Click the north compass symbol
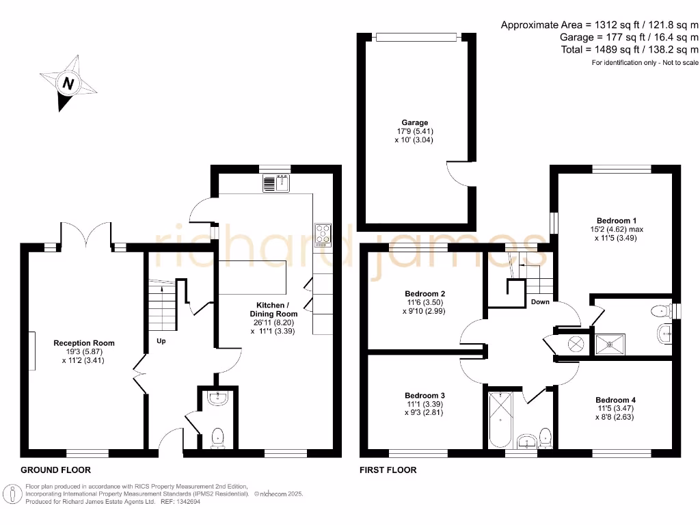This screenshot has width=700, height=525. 68,85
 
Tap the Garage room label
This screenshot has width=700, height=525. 414,123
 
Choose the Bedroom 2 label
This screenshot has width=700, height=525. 425,293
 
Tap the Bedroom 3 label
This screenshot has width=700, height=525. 425,396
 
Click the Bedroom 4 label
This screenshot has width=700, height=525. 615,400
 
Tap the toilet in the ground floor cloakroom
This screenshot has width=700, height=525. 218,436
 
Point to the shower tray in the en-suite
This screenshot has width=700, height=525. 608,342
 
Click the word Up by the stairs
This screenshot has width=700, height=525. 161,340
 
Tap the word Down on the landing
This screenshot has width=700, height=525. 540,301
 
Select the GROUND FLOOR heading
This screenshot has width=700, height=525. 55,470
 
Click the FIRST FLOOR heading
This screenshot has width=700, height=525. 388,470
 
